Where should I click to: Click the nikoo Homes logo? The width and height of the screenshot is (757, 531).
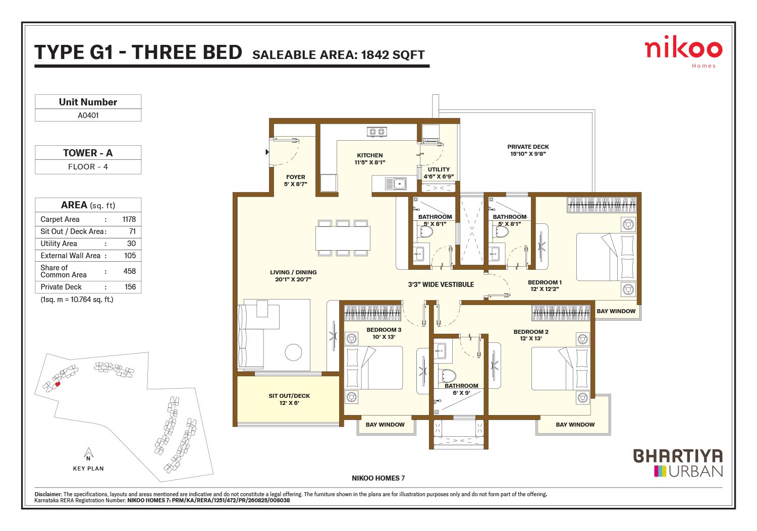(x=683, y=51)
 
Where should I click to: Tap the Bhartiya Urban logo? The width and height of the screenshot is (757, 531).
(x=678, y=463)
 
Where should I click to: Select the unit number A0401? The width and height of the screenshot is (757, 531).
(x=88, y=115)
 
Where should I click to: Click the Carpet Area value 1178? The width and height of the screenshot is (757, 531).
(x=129, y=219)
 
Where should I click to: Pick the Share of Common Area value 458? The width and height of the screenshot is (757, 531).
(x=129, y=271)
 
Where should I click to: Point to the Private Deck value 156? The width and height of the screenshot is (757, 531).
(x=130, y=287)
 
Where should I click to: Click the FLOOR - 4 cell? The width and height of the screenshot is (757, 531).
(x=88, y=167)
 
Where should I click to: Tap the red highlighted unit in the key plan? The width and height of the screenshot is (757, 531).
(x=58, y=384)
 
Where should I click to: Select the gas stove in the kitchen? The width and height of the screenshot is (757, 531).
(x=377, y=132)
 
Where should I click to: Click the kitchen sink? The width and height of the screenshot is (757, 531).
(x=396, y=184)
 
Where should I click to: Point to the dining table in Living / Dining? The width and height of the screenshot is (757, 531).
(x=343, y=238)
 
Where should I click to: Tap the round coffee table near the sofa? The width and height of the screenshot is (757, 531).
(x=293, y=352)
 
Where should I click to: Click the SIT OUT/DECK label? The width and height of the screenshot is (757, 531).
(x=289, y=396)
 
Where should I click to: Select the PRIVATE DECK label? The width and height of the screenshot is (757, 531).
(x=528, y=147)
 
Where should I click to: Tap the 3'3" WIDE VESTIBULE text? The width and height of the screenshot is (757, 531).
(x=441, y=285)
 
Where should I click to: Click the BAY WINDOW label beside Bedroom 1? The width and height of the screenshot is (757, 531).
(x=616, y=311)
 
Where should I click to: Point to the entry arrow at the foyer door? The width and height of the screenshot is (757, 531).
(x=267, y=152)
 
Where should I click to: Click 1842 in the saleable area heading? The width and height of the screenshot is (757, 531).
(x=375, y=55)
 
